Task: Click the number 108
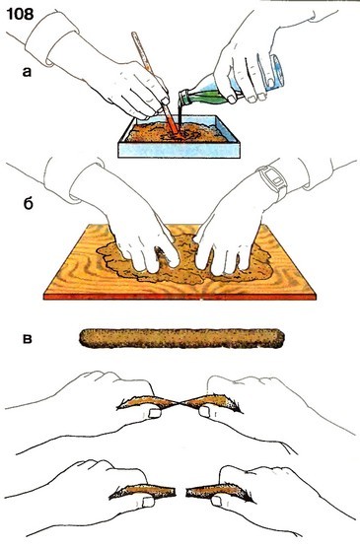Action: coord(20,15)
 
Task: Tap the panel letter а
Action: coord(27,72)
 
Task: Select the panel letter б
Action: coord(28,203)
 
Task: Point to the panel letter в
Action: coord(27,339)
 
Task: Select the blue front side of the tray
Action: coord(179,150)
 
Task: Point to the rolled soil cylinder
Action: coord(181,338)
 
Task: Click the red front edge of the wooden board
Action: coord(180,297)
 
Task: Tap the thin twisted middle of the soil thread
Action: coord(180,404)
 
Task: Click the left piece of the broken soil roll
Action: coord(142,491)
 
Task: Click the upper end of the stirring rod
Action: coord(134,34)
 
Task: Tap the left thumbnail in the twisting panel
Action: coord(155,414)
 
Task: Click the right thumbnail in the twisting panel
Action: coord(204,412)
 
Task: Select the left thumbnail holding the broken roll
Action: coord(149,502)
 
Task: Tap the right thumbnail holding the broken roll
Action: coord(216,501)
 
